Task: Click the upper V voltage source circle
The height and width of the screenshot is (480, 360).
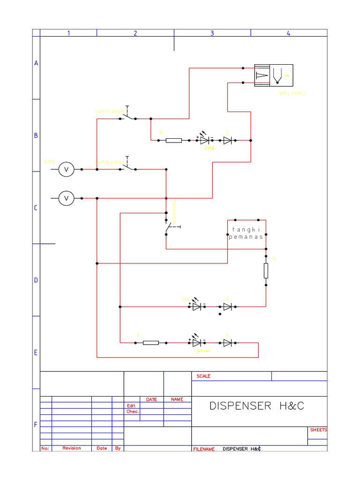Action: pos(66,169)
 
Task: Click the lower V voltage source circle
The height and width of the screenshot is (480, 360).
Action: pos(66,198)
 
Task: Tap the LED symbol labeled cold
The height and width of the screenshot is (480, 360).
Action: pos(204,140)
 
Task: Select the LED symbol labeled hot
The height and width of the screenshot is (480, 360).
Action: pos(197,307)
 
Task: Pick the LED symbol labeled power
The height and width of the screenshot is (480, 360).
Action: pos(197,343)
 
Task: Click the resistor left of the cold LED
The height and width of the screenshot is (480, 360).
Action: pos(174,140)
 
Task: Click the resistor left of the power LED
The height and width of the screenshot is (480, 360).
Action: pos(150,343)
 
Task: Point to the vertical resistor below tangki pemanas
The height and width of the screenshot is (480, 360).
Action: pos(266,270)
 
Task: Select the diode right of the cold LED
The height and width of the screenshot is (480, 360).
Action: pos(228,140)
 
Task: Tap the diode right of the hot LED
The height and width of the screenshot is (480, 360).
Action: pos(228,307)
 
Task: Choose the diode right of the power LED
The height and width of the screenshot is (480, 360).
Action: pos(228,343)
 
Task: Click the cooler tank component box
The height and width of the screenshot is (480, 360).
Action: pos(273,75)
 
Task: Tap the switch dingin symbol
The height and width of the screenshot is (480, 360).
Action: pos(127,116)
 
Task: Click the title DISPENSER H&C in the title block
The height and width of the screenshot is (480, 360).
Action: pos(256,406)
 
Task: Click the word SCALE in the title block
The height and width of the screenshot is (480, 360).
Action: pos(203,376)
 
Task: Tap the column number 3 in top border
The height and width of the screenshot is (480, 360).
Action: pos(212,33)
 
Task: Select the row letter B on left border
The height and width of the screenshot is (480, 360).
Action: pos(36,135)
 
